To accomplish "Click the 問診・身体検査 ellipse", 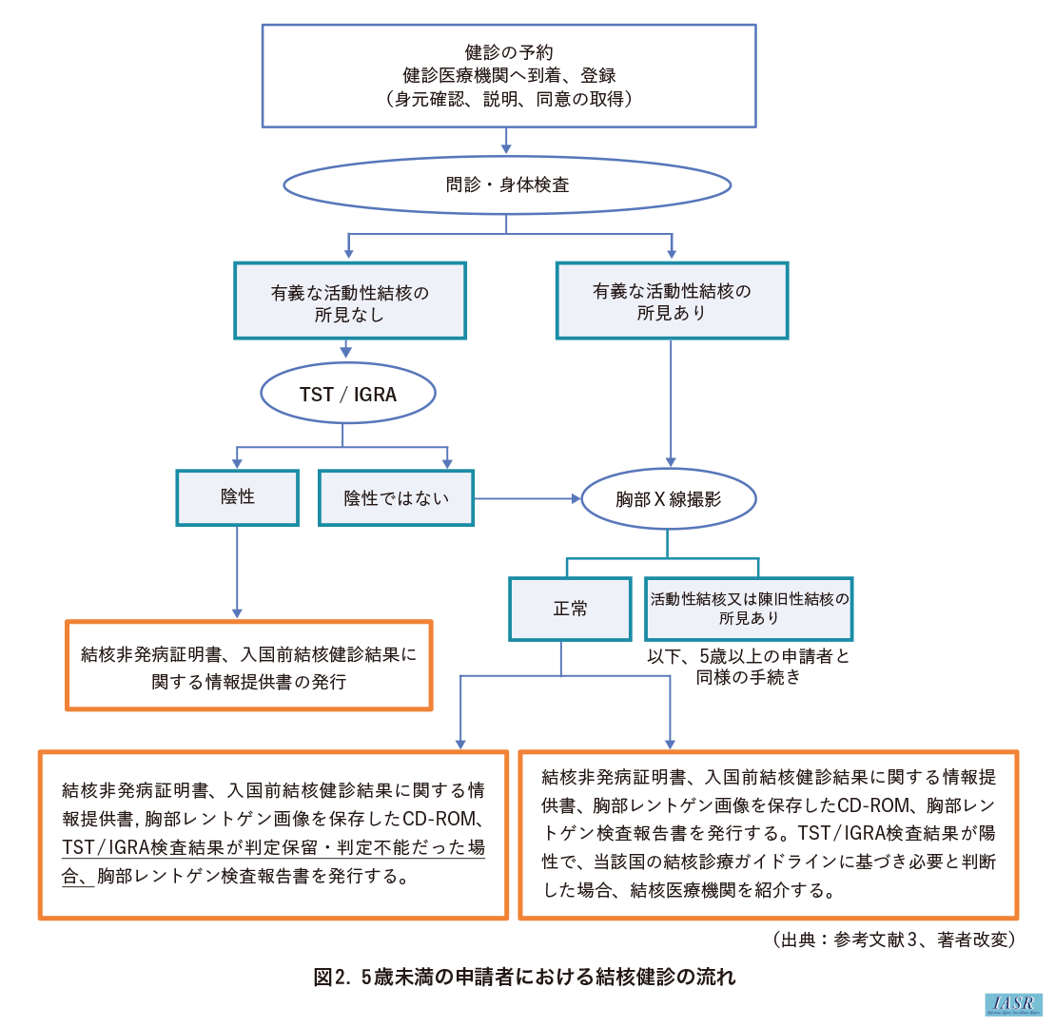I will coord(507,184).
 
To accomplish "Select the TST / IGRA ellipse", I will coord(348,393).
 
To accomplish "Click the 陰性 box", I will coord(237,496).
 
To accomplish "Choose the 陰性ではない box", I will coord(396,497).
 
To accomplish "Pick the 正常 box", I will coord(570,609).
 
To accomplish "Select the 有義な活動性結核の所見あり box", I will coord(672,301).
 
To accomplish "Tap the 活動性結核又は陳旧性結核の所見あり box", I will coord(749,609).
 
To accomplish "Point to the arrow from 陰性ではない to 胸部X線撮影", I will coord(528,497).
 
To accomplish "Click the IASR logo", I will coord(1014,1005).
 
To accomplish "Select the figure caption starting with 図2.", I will coord(525,977).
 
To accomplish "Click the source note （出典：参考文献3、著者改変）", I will coord(894,940).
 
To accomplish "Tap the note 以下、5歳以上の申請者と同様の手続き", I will coord(749,666).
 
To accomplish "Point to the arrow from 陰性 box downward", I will coord(237,571).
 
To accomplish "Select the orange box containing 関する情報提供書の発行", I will coord(248,665).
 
